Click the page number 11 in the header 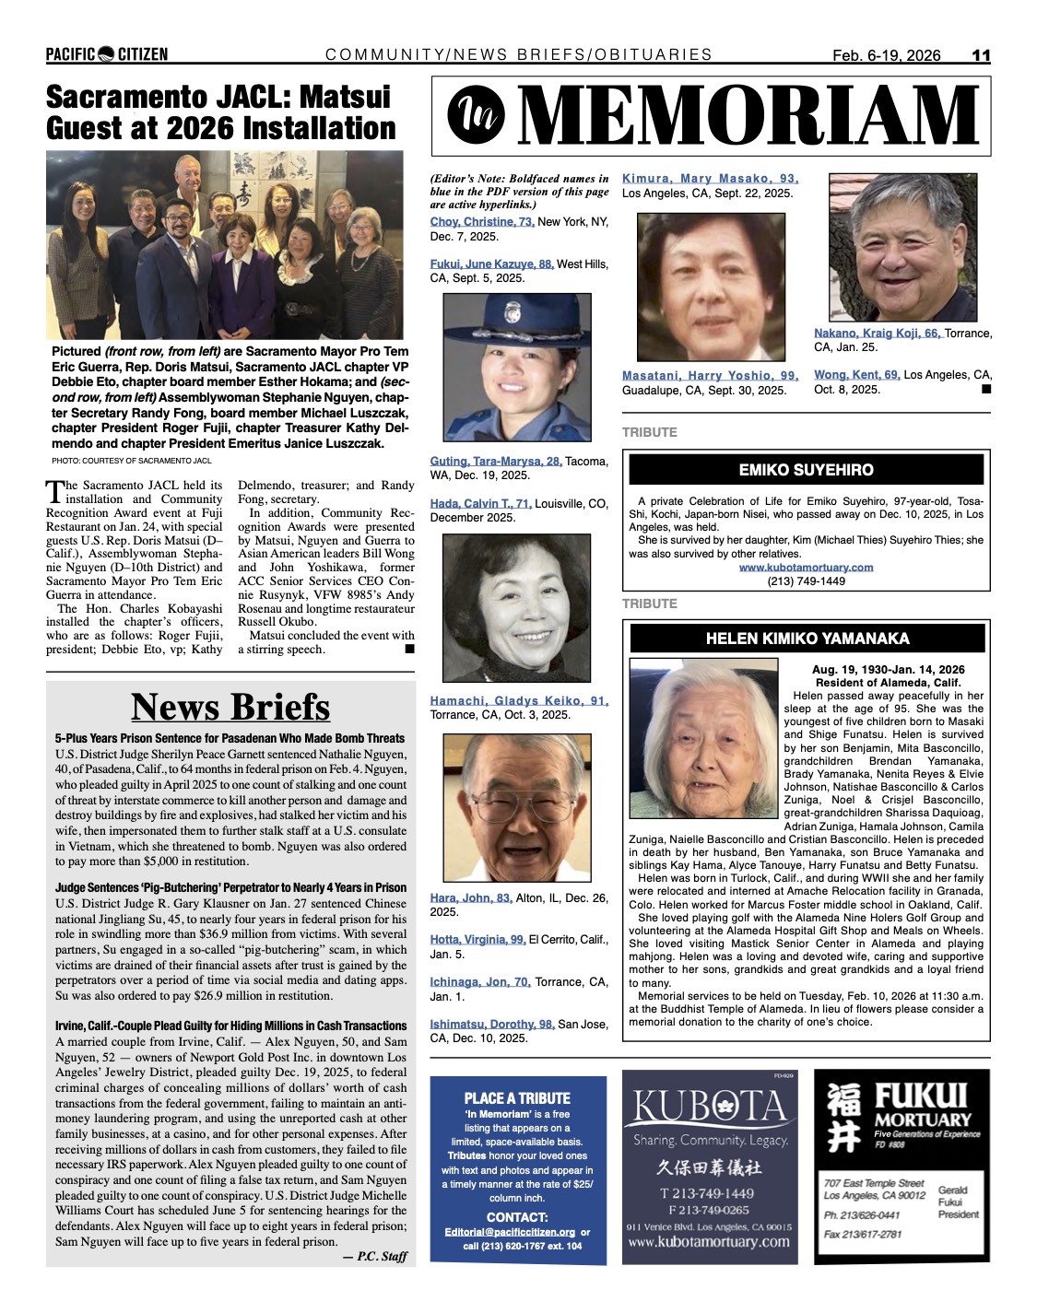[x=981, y=55]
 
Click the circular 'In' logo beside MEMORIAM [x=471, y=114]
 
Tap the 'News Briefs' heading [x=230, y=707]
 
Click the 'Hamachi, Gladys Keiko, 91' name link [x=519, y=701]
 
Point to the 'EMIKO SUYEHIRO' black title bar [x=806, y=470]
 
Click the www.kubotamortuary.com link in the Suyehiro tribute [x=806, y=568]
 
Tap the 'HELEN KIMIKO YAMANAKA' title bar [x=807, y=639]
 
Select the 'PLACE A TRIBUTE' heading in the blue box [x=517, y=1098]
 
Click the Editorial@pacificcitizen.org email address [x=509, y=1232]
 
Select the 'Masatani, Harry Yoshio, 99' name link [x=710, y=376]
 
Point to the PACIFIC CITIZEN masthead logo [x=107, y=54]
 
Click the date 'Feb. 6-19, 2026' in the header [x=887, y=55]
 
